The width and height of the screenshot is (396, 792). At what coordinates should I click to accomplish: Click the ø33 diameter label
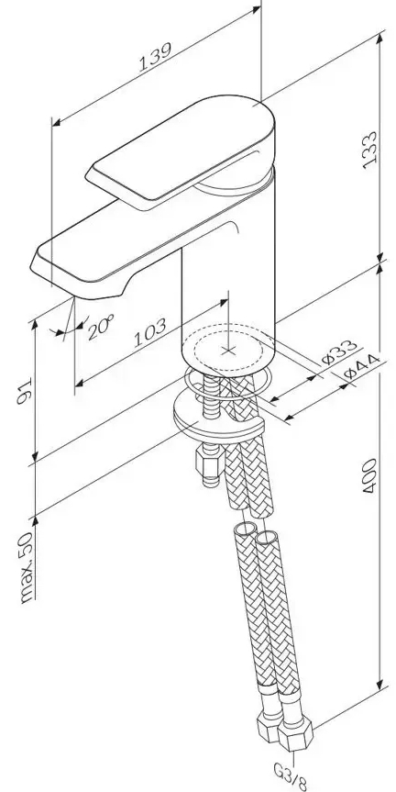point(340,352)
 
